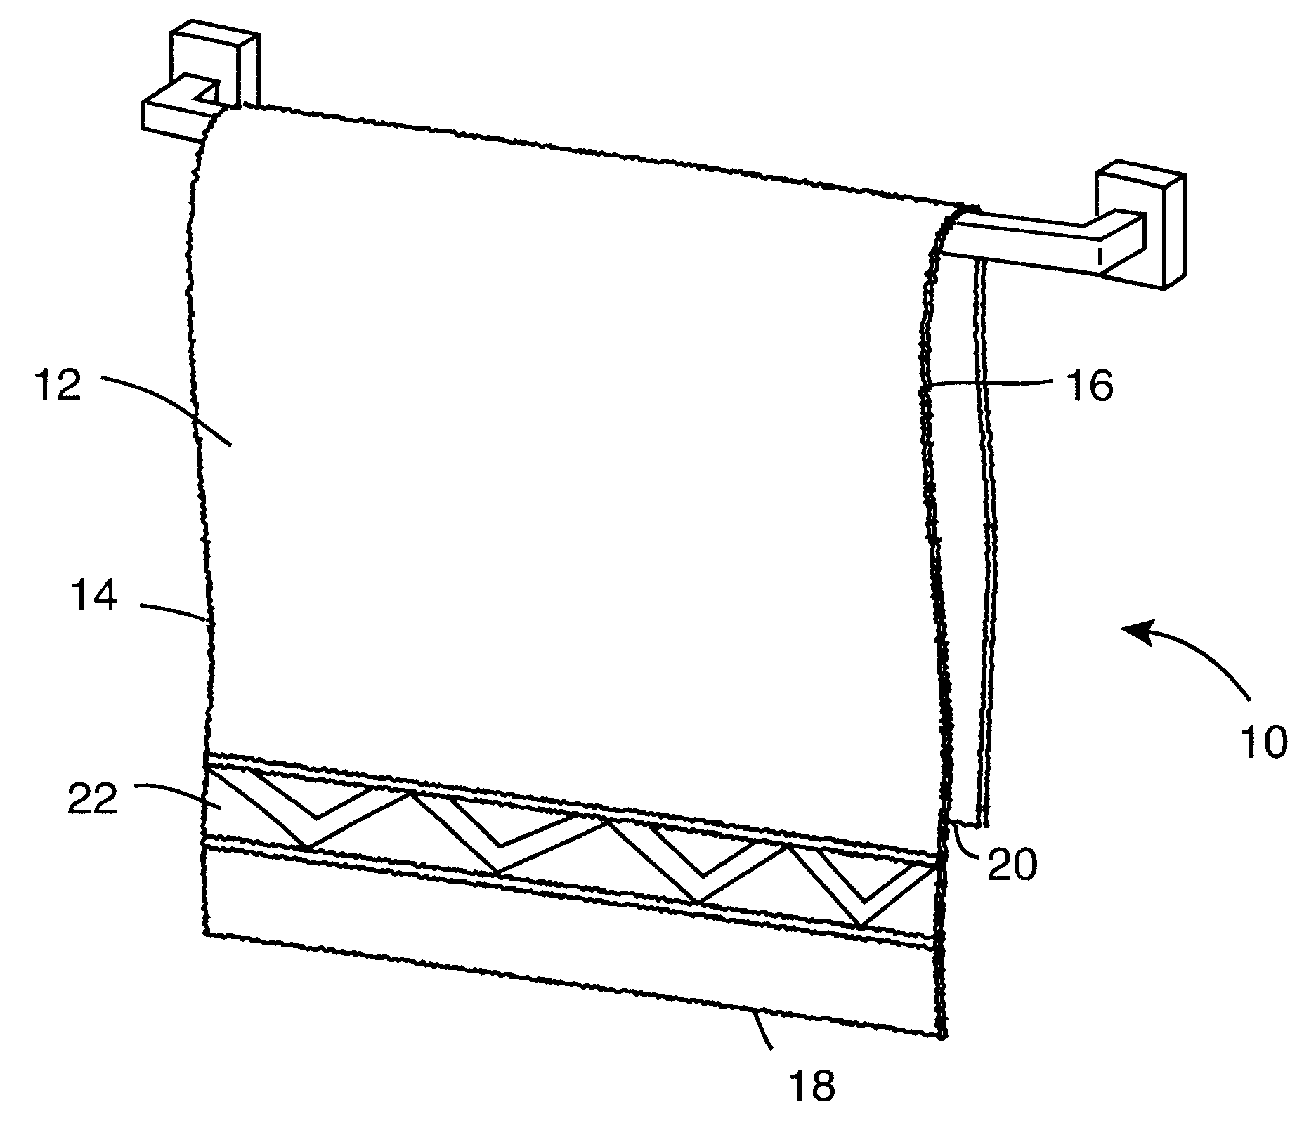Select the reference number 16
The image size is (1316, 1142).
click(1091, 386)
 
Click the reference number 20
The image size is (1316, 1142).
click(1011, 865)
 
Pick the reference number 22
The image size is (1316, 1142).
click(91, 800)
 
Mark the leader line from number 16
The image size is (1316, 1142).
click(998, 383)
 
